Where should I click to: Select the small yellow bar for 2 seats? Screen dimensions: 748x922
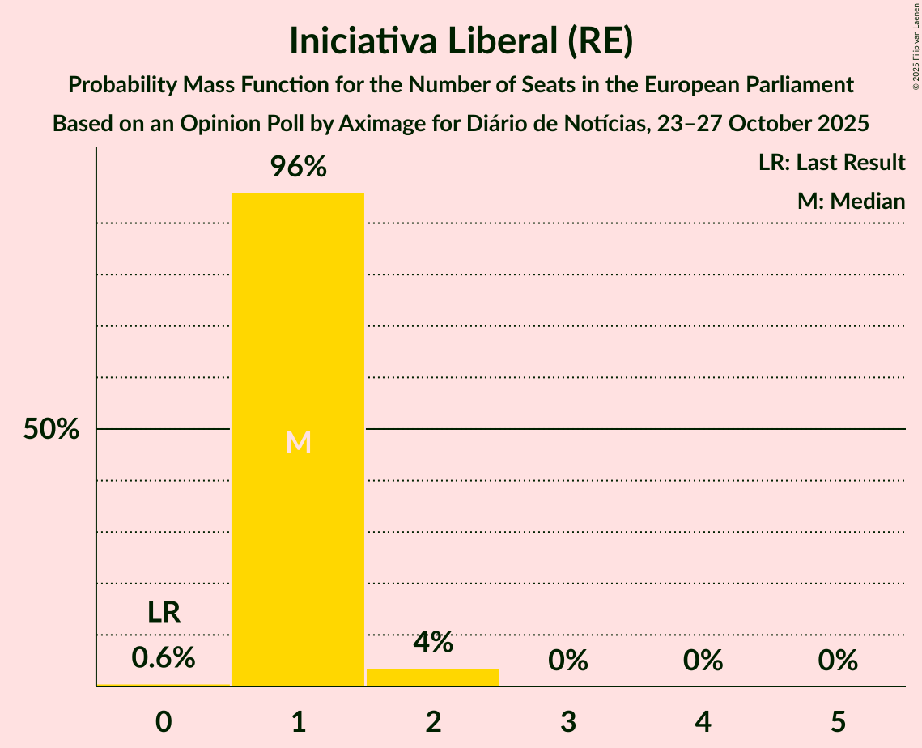(433, 678)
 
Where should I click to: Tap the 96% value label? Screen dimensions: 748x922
(298, 168)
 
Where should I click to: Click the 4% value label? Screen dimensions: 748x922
(433, 643)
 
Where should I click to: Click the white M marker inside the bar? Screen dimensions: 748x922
(299, 442)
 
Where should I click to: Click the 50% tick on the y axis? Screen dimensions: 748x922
(51, 430)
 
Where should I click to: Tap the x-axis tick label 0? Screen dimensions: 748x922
(164, 721)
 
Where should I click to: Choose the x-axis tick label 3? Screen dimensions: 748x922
(568, 721)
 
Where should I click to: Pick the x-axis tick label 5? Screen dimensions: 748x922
(838, 721)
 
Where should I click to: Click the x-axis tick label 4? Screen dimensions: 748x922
(703, 721)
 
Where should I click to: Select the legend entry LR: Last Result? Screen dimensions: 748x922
(832, 163)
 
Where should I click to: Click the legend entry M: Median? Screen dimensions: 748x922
(851, 202)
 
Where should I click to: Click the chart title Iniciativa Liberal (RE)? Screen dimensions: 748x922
(461, 42)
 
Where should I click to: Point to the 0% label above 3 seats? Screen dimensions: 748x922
(568, 661)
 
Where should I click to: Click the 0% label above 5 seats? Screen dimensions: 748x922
(838, 661)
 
